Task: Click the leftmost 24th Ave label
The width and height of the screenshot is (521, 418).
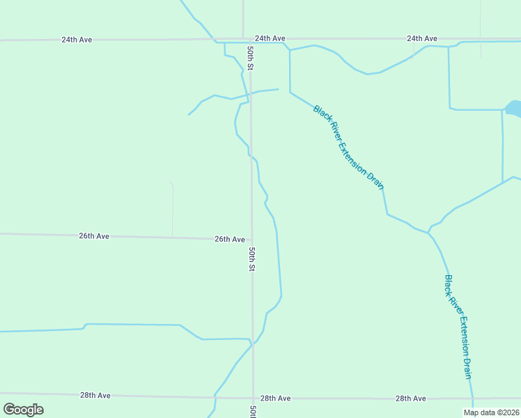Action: coord(77,40)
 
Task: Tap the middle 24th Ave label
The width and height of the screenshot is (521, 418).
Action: coord(270,38)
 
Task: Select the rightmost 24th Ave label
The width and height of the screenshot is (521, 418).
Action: coord(421,38)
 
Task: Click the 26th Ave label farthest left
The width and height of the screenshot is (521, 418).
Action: coord(93,236)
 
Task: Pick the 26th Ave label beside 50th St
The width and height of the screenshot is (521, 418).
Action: coord(229,239)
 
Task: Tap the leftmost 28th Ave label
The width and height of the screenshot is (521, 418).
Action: coord(95,395)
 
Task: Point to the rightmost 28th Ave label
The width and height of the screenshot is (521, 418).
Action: coord(410,398)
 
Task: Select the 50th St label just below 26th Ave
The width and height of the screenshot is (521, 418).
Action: coord(252,259)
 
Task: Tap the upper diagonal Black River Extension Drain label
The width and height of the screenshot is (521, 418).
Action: coord(348,146)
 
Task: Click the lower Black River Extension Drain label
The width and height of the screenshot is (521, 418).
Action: coord(458,326)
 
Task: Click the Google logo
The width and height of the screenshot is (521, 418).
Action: coord(23,410)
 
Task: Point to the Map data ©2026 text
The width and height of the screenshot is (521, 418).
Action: coord(491,412)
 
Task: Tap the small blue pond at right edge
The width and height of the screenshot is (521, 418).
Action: coord(513,108)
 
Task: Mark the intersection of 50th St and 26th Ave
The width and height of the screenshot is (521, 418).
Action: coord(252,239)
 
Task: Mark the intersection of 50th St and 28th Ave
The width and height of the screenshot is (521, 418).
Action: coord(253,398)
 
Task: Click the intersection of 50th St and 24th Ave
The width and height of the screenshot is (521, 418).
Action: coord(244,39)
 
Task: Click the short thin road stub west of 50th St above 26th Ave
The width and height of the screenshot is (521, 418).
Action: coord(172,209)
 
